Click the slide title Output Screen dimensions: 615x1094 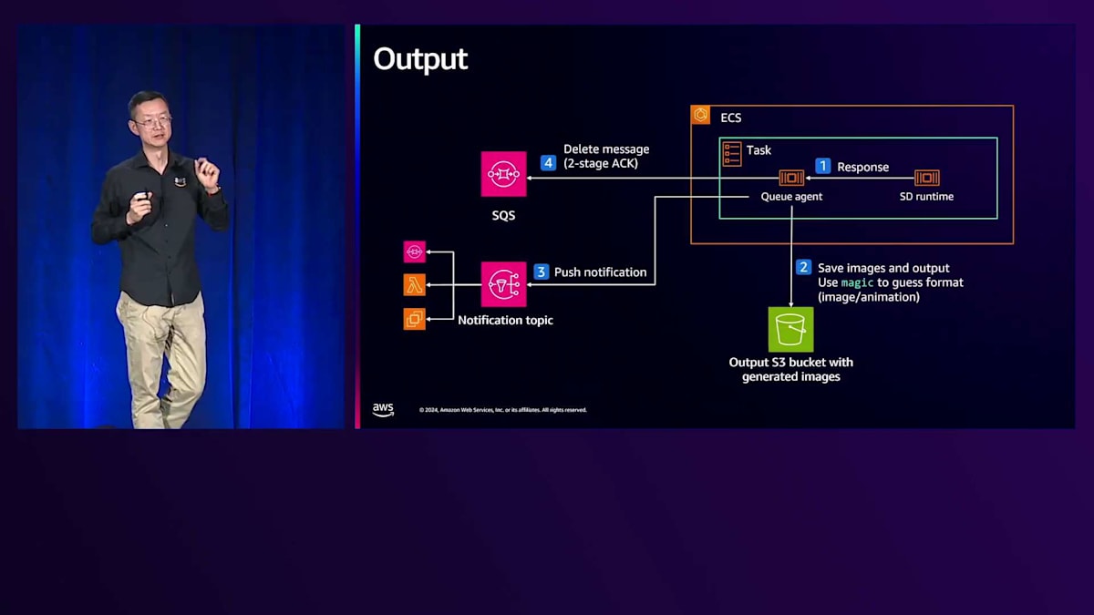(x=420, y=59)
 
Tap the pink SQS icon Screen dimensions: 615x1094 (x=504, y=174)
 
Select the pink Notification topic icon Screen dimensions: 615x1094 (x=504, y=284)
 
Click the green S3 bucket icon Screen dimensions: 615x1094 (x=790, y=329)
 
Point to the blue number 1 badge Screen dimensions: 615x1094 (x=822, y=166)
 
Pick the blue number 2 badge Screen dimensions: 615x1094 (x=803, y=267)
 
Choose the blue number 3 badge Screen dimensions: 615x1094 (x=541, y=272)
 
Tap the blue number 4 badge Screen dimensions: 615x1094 (x=548, y=163)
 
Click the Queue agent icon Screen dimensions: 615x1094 (x=790, y=178)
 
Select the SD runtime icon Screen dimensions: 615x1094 (x=926, y=178)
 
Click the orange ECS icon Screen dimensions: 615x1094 (x=701, y=115)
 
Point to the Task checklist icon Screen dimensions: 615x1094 (x=732, y=153)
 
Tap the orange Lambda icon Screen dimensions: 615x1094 (x=415, y=285)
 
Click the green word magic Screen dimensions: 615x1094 (x=857, y=282)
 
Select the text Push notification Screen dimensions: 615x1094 (x=600, y=272)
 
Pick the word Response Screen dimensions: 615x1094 (x=862, y=167)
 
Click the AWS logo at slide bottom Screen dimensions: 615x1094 (x=383, y=410)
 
